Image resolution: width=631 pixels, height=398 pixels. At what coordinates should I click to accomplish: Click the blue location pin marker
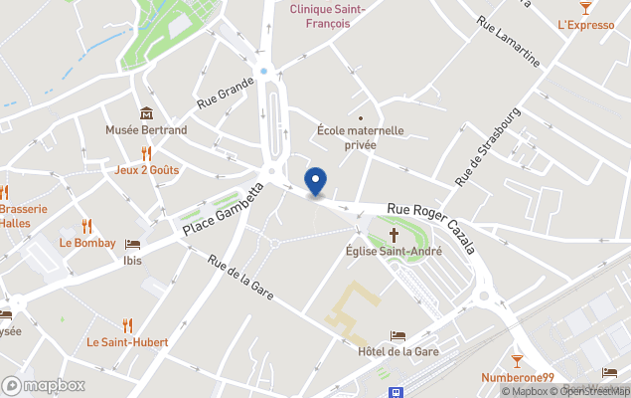[315, 181]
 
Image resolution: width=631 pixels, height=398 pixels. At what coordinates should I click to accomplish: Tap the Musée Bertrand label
[146, 130]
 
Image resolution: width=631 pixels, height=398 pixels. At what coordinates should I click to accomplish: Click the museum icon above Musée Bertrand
[146, 113]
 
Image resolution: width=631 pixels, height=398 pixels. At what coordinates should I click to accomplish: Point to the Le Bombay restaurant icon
[86, 226]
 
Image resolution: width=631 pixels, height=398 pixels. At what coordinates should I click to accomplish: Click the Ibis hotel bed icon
[132, 244]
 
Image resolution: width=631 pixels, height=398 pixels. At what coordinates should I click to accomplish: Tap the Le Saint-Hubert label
[127, 342]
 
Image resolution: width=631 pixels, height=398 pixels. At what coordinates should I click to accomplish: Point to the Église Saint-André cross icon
[394, 235]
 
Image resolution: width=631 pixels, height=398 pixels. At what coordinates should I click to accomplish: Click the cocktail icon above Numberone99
[517, 359]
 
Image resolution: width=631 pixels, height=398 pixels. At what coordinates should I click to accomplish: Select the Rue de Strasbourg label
[488, 147]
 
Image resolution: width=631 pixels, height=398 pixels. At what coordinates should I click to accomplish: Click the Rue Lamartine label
[508, 42]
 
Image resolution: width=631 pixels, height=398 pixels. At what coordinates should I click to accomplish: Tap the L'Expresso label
[586, 25]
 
